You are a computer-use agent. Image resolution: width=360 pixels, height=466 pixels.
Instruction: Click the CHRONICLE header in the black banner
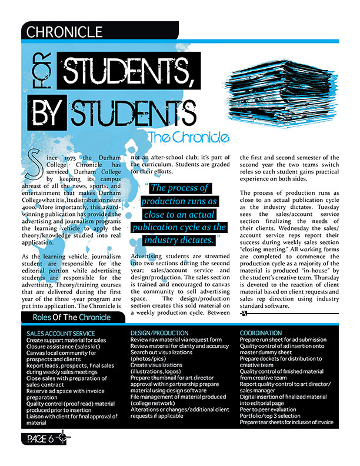[x=65, y=32]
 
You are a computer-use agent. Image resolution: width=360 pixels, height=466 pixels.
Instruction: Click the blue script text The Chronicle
[x=188, y=138]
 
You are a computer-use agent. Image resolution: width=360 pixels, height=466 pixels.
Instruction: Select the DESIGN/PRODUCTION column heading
[x=159, y=333]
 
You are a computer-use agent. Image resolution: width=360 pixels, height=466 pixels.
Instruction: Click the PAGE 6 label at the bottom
[x=41, y=439]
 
